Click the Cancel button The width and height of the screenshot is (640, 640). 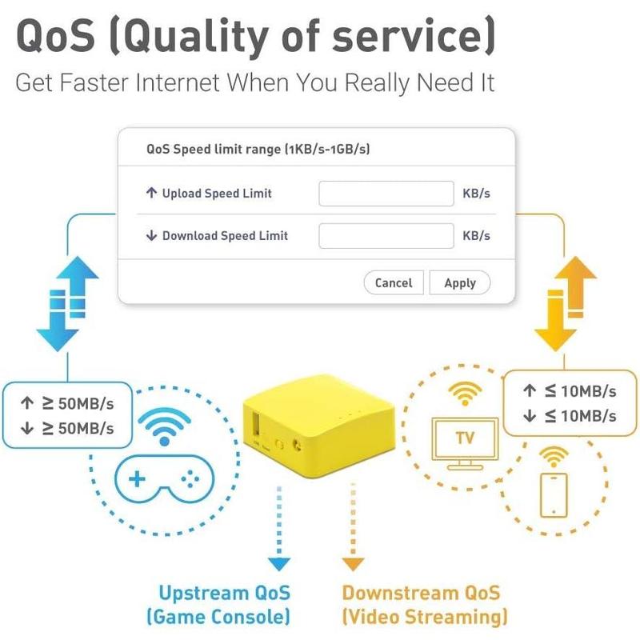[394, 282]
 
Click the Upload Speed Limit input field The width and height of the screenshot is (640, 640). [386, 194]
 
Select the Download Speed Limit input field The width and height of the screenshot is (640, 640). [386, 235]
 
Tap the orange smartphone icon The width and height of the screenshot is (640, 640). [554, 495]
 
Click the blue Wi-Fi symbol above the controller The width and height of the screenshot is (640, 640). [165, 426]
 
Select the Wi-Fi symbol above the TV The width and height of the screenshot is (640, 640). [465, 393]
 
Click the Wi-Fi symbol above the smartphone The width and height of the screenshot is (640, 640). [554, 456]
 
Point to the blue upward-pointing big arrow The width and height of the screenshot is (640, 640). [78, 286]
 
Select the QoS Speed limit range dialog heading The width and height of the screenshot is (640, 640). [258, 149]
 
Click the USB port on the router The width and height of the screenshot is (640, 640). [256, 425]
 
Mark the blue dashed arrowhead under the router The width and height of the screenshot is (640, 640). [279, 564]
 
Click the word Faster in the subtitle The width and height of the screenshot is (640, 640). [94, 82]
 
